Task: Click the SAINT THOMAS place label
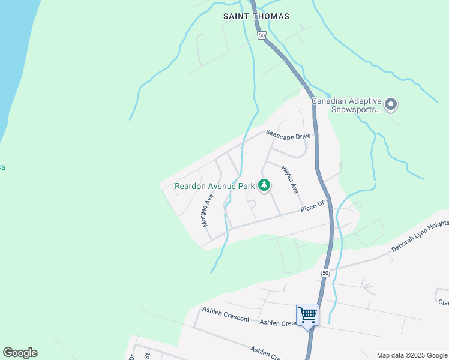point(256,16)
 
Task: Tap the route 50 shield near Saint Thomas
point(262,35)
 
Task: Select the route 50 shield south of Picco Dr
point(325,272)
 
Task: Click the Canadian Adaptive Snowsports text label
point(346,105)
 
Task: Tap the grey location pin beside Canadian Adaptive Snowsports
point(391,105)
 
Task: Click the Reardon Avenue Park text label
point(215,186)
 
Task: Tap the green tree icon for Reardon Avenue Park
point(264,186)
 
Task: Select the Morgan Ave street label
point(208,209)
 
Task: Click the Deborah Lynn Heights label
point(420,236)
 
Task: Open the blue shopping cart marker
point(307,314)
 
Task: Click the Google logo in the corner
point(20,353)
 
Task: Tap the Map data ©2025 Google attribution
point(412,355)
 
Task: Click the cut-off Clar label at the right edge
point(443,302)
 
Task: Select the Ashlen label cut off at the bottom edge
point(265,352)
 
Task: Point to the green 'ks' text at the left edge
point(2,167)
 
